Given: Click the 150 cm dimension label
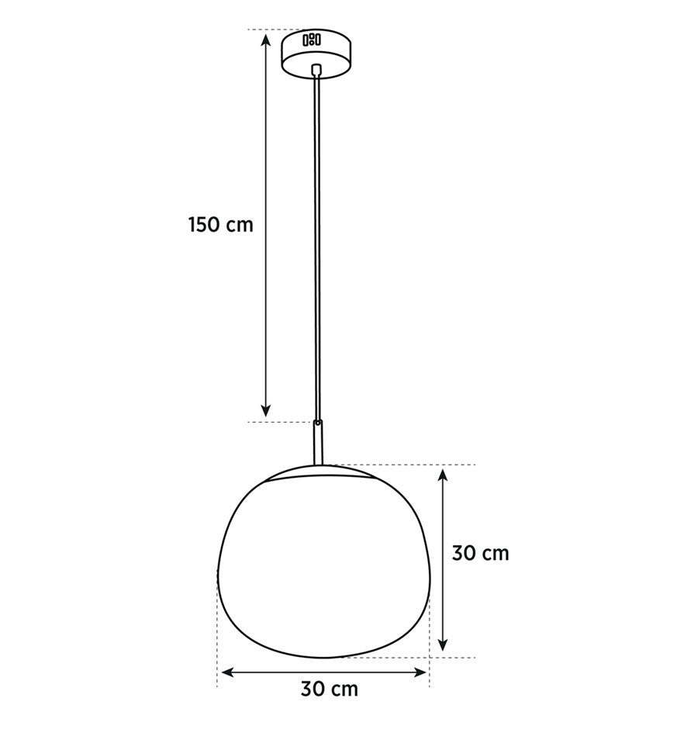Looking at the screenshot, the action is tap(221, 225).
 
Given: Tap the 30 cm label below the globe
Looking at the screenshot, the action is tap(330, 689).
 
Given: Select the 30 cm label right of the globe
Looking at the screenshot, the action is tap(480, 553).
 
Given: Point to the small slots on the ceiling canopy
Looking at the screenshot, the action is tap(312, 40).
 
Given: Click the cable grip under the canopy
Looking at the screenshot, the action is tap(316, 70).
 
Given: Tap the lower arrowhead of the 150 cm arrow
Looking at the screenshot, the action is tap(265, 409).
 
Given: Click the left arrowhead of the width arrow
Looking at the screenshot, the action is tap(228, 672).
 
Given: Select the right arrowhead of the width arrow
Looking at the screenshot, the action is tap(420, 672).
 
